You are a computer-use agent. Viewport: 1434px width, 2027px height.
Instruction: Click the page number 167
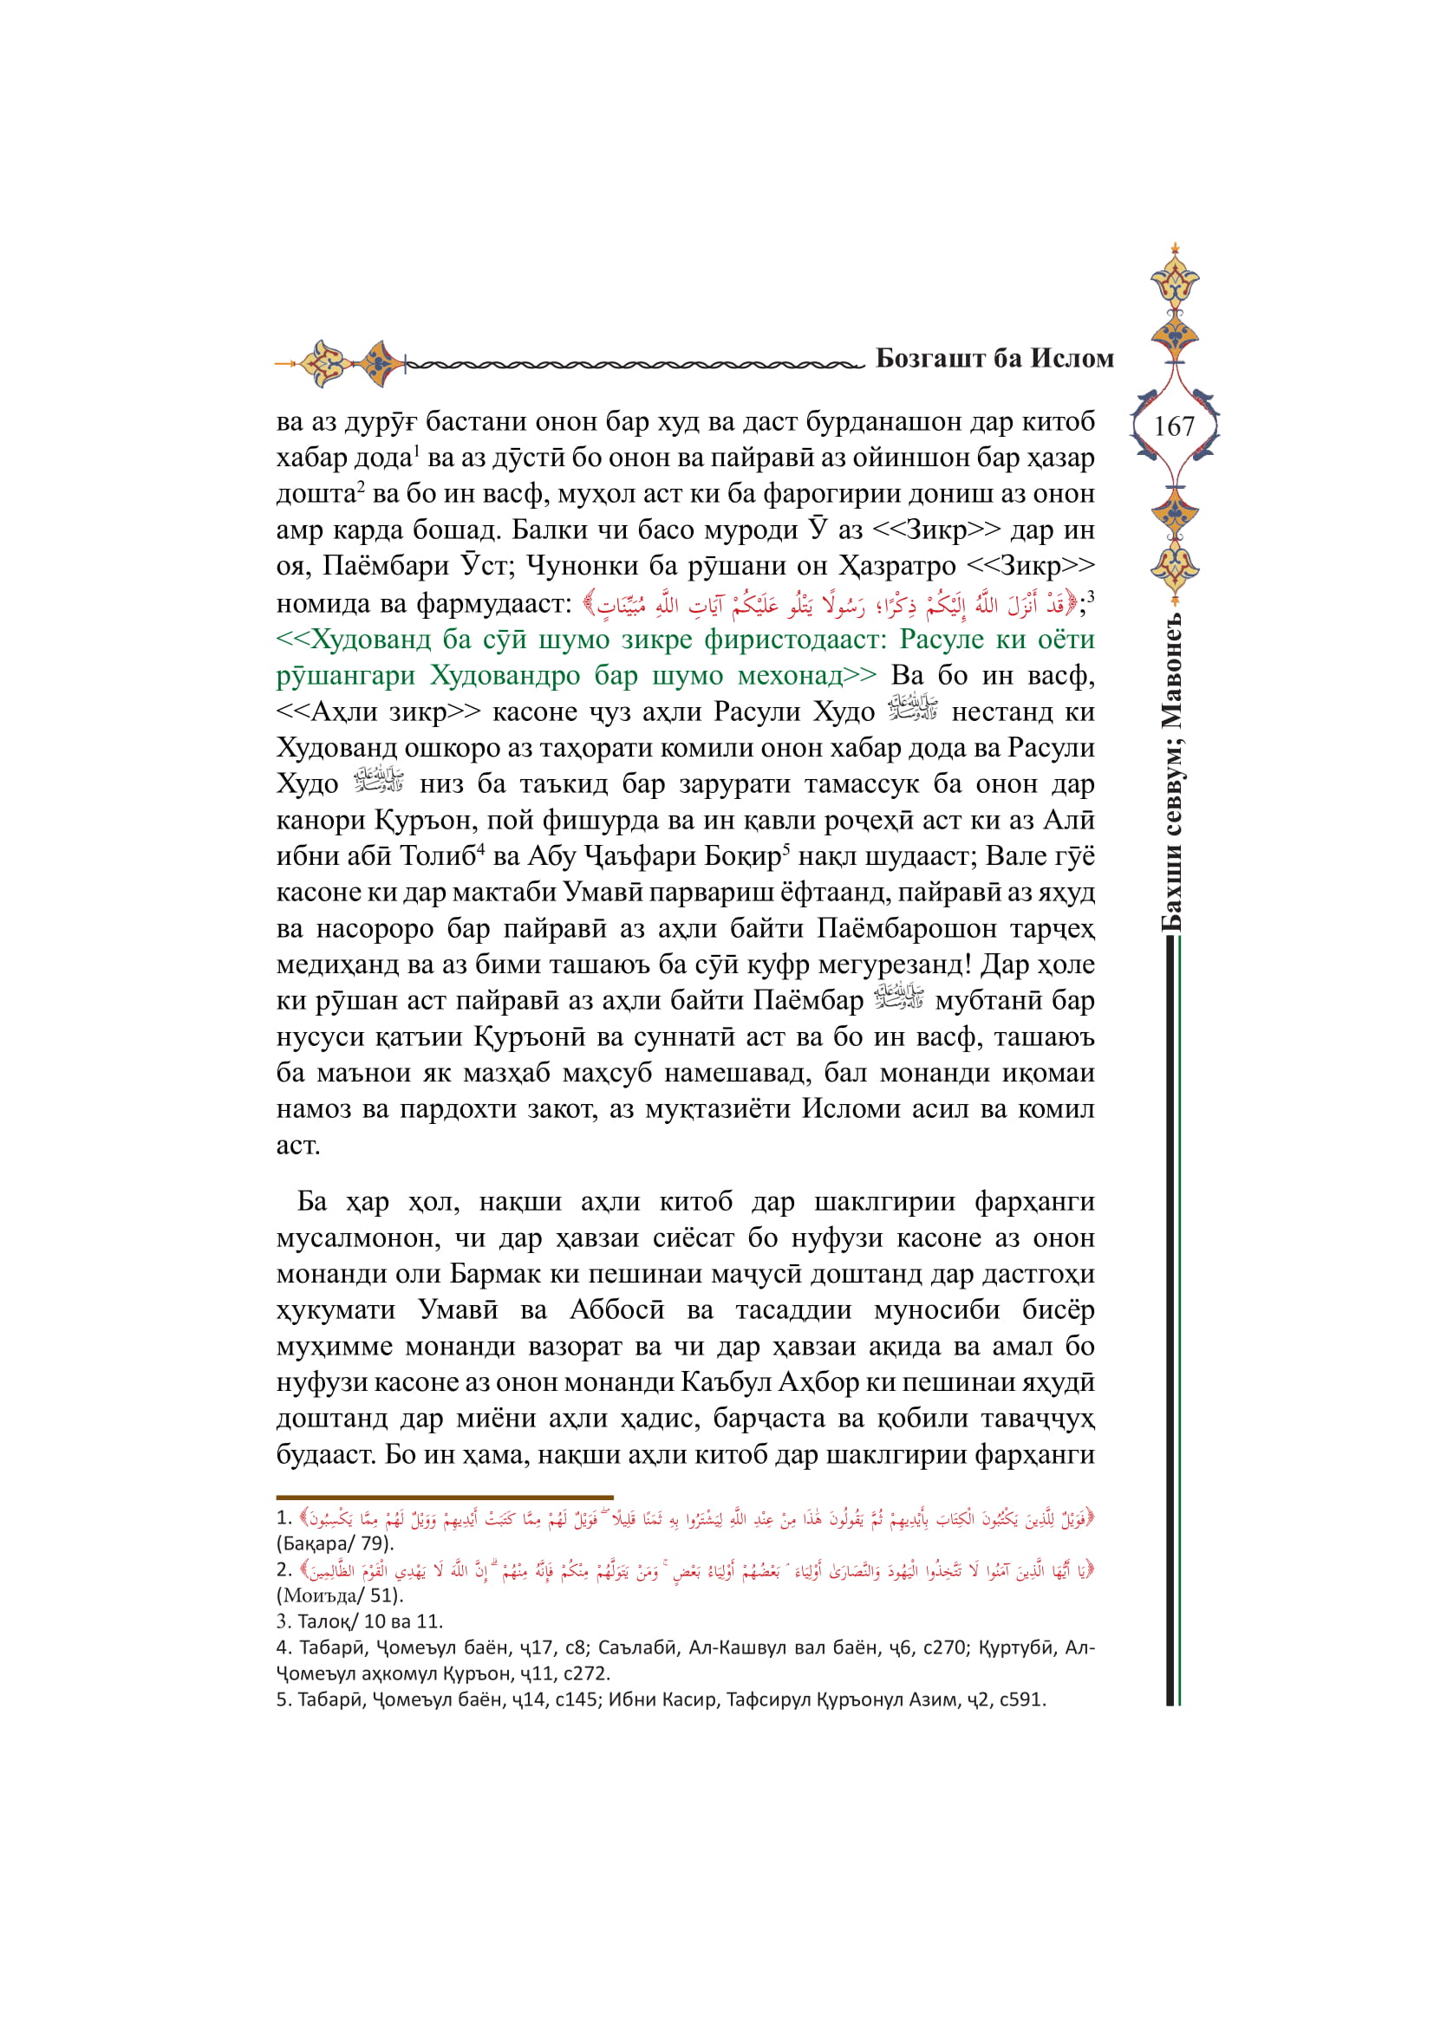[x=1174, y=426]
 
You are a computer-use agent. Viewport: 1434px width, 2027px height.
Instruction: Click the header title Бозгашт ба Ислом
[x=994, y=359]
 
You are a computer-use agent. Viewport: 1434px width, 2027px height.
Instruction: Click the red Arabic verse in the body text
[x=831, y=605]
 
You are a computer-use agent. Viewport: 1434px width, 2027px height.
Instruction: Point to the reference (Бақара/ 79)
[x=335, y=1544]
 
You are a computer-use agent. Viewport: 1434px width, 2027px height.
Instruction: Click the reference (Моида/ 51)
[x=339, y=1595]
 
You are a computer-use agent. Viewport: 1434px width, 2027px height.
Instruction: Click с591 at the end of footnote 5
[x=1020, y=1699]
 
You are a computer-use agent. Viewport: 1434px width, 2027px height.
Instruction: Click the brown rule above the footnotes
[x=444, y=1498]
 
